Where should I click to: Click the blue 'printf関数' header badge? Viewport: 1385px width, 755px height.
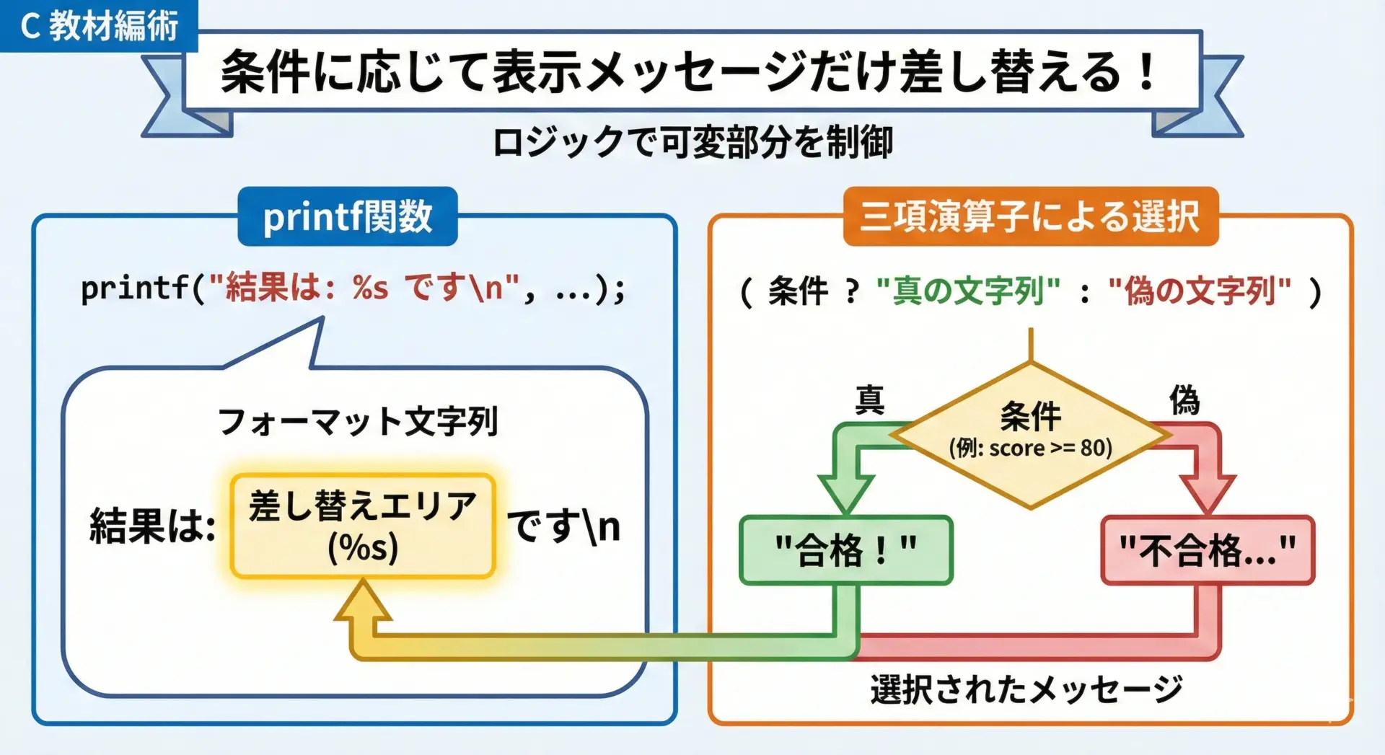pos(348,216)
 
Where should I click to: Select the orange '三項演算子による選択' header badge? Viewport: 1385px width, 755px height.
pos(1030,216)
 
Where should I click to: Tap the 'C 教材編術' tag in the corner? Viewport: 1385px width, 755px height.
pos(99,26)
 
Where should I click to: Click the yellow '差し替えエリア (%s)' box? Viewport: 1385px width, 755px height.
pos(363,526)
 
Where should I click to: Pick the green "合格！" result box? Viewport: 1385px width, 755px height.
pos(846,550)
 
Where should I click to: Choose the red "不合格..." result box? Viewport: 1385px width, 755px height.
pos(1208,550)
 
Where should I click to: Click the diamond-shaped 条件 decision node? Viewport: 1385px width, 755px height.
pos(1030,435)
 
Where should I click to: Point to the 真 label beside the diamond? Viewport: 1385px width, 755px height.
pos(870,399)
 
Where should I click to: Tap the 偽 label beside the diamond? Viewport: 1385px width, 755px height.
pos(1184,399)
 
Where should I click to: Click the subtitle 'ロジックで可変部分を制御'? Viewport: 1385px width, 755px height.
pos(693,141)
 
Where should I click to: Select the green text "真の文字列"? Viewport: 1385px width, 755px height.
pos(968,291)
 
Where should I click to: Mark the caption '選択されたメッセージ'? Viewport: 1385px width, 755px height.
pos(1026,689)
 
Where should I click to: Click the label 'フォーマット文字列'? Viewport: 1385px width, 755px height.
pos(358,421)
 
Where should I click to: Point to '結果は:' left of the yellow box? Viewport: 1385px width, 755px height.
pos(152,525)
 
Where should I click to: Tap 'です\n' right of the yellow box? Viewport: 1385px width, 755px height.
pos(563,526)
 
